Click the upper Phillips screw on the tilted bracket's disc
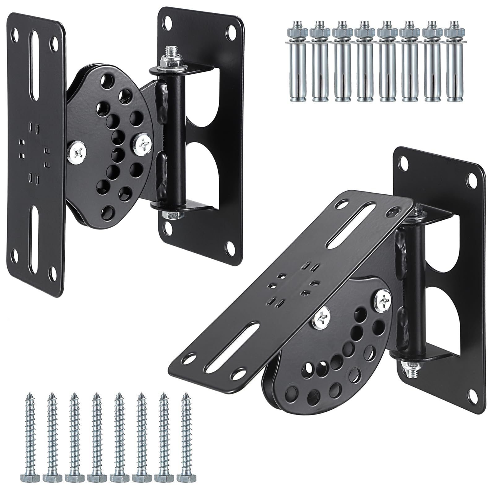point(383,299)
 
